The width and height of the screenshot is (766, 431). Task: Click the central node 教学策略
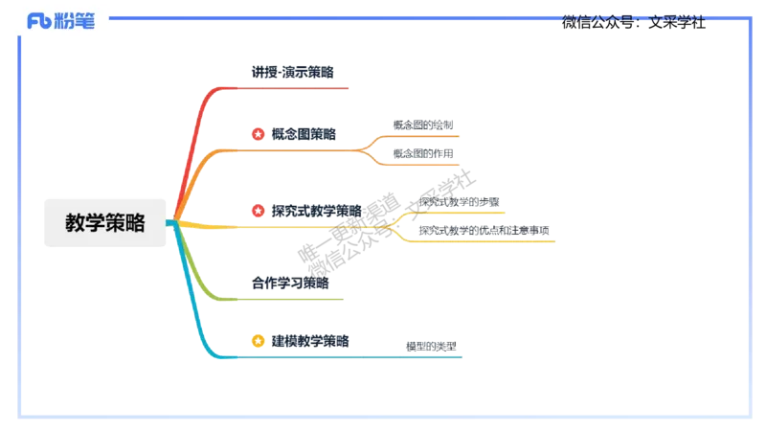[x=105, y=224]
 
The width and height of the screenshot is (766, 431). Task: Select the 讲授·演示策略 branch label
[x=293, y=72]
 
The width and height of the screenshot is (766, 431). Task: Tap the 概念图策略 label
[x=303, y=134]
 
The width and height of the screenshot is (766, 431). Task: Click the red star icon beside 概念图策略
[x=259, y=134]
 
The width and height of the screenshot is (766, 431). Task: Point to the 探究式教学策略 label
[x=317, y=211]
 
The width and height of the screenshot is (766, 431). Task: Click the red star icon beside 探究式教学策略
[x=259, y=211]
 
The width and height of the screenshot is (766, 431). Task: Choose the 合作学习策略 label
[x=290, y=284]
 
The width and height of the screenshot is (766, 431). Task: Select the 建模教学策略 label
[x=309, y=340]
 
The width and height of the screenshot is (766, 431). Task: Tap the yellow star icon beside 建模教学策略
[x=259, y=340]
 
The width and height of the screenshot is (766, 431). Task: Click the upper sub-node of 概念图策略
[x=426, y=125]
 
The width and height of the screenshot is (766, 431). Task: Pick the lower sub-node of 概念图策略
[x=426, y=153]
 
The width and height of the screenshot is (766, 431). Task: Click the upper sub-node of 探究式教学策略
[x=460, y=201]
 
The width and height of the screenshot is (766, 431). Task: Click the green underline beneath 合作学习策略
[x=287, y=299]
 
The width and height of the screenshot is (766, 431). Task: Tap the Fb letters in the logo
[x=38, y=21]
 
